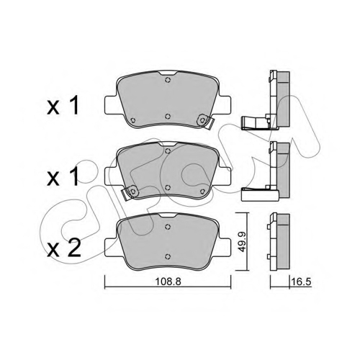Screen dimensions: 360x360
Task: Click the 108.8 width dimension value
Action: pyautogui.click(x=168, y=282)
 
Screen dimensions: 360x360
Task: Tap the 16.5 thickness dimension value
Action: pyautogui.click(x=301, y=282)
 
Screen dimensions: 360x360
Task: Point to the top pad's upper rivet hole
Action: pyautogui.click(x=168, y=80)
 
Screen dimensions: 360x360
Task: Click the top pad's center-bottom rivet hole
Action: pyautogui.click(x=168, y=117)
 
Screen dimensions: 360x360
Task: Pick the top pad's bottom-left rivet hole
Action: pyautogui.click(x=132, y=120)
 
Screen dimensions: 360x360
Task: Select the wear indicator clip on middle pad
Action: pyautogui.click(x=130, y=192)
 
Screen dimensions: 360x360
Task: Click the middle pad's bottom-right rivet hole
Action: pyautogui.click(x=202, y=191)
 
